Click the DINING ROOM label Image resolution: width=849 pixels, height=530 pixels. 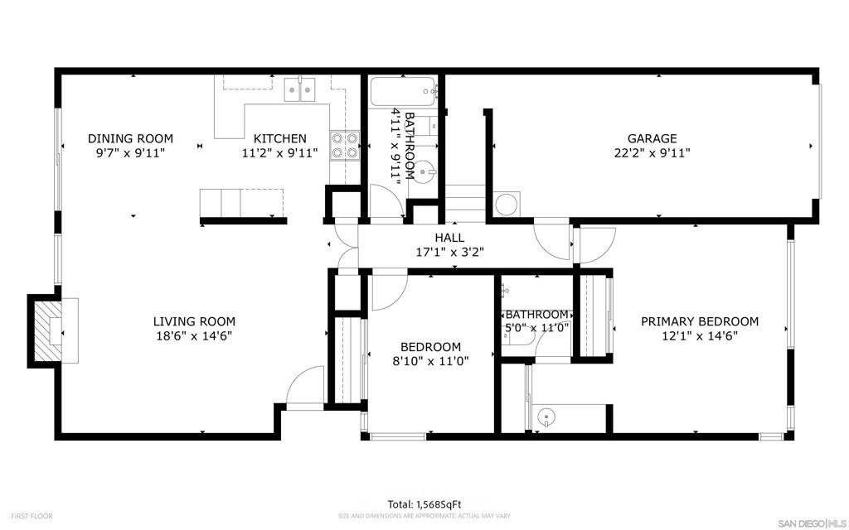click(x=130, y=139)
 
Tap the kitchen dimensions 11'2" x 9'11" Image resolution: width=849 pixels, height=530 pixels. click(x=279, y=153)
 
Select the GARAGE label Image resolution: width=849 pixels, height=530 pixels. click(x=652, y=139)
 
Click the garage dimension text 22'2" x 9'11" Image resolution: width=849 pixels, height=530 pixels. click(x=652, y=153)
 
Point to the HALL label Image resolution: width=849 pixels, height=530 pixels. click(x=449, y=238)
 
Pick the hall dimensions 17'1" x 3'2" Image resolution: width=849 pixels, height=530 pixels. click(x=449, y=252)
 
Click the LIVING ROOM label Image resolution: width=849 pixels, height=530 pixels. click(x=194, y=322)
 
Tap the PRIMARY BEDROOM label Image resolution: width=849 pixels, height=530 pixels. click(x=700, y=322)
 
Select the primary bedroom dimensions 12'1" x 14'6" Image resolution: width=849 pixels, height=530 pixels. click(x=700, y=336)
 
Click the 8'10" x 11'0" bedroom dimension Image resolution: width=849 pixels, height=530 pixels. click(x=430, y=361)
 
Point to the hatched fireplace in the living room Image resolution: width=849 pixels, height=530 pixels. click(x=48, y=331)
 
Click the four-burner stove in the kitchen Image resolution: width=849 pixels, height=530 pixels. click(x=345, y=146)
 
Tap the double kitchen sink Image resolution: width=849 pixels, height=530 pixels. click(x=300, y=89)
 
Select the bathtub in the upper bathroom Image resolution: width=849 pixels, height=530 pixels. click(x=403, y=91)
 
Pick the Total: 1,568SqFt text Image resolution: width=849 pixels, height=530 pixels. click(x=424, y=504)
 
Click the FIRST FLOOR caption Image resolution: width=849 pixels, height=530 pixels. click(x=32, y=517)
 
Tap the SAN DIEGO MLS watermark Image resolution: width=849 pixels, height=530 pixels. click(x=811, y=523)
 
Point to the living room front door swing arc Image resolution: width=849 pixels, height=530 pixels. click(x=299, y=378)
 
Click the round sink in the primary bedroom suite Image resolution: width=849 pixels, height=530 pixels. click(x=546, y=417)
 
